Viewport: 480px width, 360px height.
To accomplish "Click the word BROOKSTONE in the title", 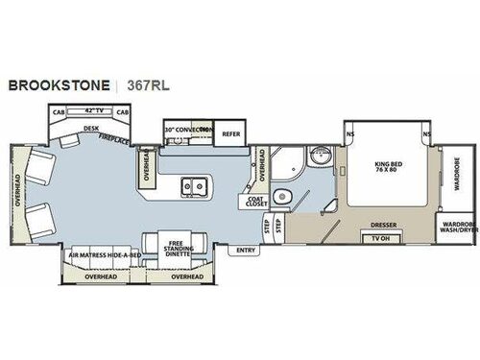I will tap(58, 84).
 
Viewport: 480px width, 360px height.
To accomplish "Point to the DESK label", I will tap(92, 129).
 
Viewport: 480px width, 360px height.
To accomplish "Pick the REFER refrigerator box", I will tap(230, 134).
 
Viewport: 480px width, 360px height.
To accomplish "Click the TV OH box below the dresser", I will tap(381, 237).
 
